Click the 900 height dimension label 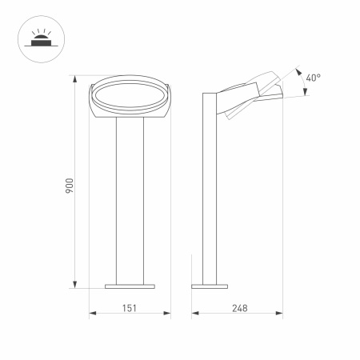coord(70,185)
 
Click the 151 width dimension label coord(130,307)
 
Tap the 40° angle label coord(313,78)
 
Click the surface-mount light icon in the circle coord(38,38)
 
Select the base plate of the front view coord(130,284)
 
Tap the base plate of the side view coord(210,284)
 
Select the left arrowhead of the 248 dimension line coord(194,314)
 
